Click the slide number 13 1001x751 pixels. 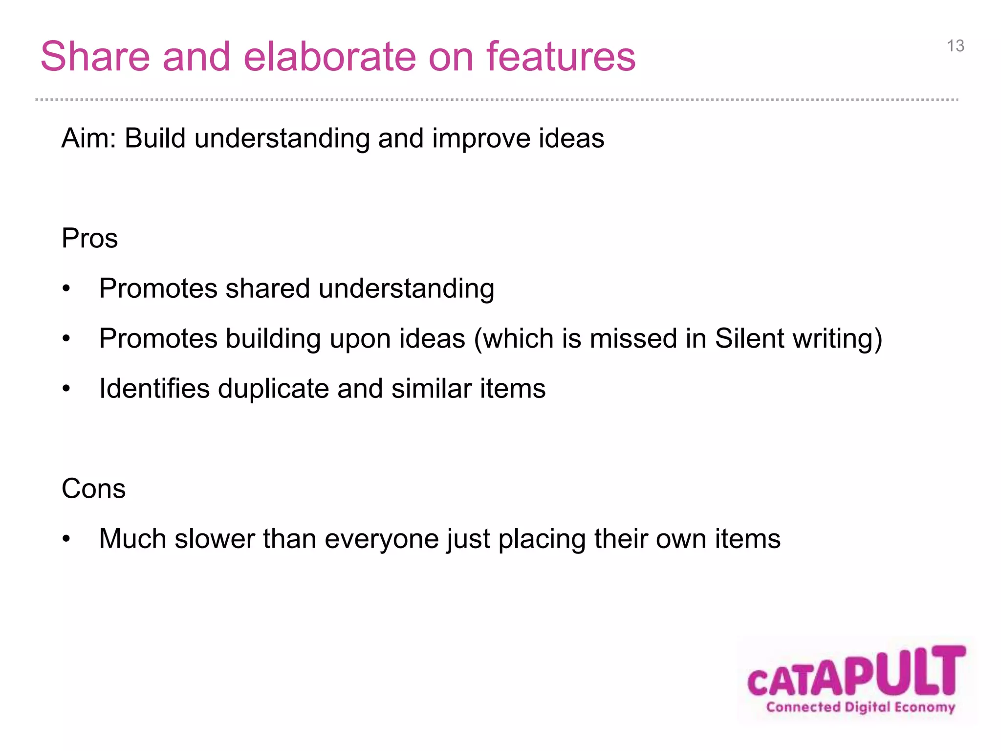coord(956,46)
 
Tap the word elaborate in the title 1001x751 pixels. coord(330,57)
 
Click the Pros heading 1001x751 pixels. coord(89,239)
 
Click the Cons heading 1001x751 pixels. coord(93,488)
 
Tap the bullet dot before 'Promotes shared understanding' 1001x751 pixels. coord(66,289)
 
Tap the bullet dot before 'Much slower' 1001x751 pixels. coord(66,539)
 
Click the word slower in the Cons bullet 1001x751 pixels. coord(215,539)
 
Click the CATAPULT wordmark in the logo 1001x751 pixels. coord(856,672)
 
